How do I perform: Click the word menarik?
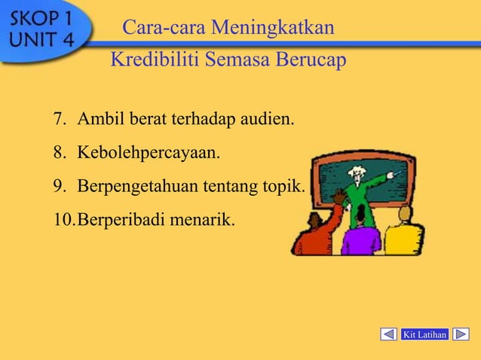(204, 221)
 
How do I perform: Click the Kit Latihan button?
(425, 334)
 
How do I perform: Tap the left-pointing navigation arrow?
(389, 334)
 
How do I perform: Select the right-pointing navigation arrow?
(461, 334)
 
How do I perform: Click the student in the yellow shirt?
(405, 233)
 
